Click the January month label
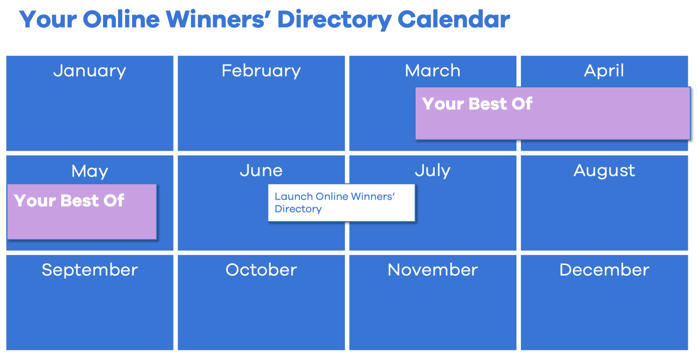(x=89, y=71)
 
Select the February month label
(x=261, y=71)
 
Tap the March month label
(x=432, y=71)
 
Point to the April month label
(x=604, y=71)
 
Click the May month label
(x=89, y=171)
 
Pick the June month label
(x=261, y=171)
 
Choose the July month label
(x=432, y=171)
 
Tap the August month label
(x=604, y=171)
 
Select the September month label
(x=89, y=270)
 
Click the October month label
(x=261, y=270)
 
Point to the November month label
(x=432, y=270)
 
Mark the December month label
(x=604, y=270)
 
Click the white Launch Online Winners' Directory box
(x=341, y=203)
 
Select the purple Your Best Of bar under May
(x=82, y=212)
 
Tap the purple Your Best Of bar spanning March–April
(x=553, y=113)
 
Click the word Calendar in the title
(x=453, y=20)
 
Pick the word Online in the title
(x=121, y=20)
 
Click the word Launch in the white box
(x=294, y=197)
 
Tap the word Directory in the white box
(x=298, y=209)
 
